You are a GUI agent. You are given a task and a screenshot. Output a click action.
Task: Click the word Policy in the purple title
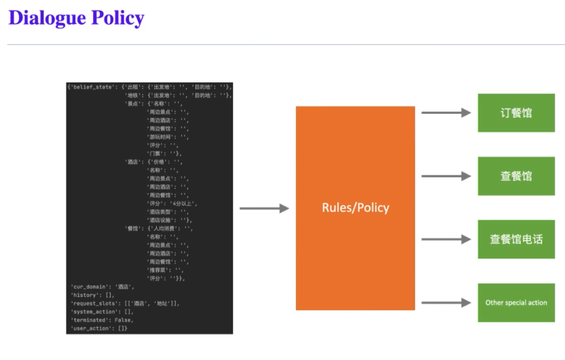pyautogui.click(x=117, y=18)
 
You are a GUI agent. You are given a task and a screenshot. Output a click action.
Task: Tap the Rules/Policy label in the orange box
pyautogui.click(x=355, y=208)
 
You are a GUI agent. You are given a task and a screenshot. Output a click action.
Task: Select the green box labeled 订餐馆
pyautogui.click(x=516, y=113)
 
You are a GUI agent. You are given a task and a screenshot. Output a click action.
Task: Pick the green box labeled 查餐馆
pyautogui.click(x=516, y=176)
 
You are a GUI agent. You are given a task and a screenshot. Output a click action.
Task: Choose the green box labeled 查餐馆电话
pyautogui.click(x=516, y=239)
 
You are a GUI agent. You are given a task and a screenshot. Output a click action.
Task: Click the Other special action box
pyautogui.click(x=516, y=302)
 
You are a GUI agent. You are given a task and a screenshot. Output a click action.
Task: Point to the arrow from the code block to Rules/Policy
pyautogui.click(x=264, y=208)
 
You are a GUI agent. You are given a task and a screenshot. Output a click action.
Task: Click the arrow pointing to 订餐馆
pyautogui.click(x=446, y=113)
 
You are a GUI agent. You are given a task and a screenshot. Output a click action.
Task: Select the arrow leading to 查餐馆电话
pyautogui.click(x=446, y=239)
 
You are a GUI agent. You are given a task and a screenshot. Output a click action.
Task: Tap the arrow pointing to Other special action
pyautogui.click(x=446, y=302)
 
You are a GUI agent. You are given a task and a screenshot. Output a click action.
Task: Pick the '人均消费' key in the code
pyautogui.click(x=166, y=228)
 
